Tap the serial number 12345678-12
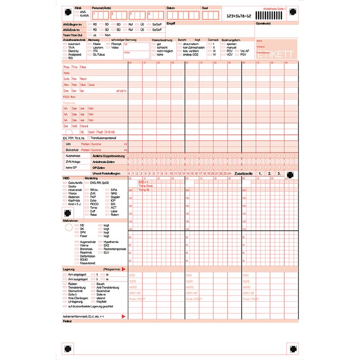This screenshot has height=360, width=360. tap(239, 16)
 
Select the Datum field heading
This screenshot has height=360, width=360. tap(171, 8)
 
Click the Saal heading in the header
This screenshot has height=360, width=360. tap(205, 8)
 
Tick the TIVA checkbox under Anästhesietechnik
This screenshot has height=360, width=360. tap(65, 47)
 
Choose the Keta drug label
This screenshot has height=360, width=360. tap(66, 73)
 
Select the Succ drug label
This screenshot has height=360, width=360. tap(91, 84)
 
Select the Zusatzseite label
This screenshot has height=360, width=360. tap(242, 174)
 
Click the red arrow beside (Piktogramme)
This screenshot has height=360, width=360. tap(123, 269)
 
